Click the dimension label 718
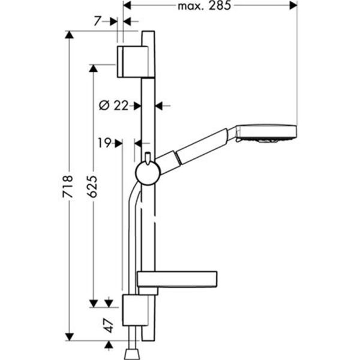(x=70, y=185)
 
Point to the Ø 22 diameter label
(x=114, y=105)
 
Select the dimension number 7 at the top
(x=98, y=20)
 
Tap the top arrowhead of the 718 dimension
(x=70, y=34)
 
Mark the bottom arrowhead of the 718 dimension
(x=70, y=337)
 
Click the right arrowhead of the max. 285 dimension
(x=293, y=5)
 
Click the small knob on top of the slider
(x=146, y=159)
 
